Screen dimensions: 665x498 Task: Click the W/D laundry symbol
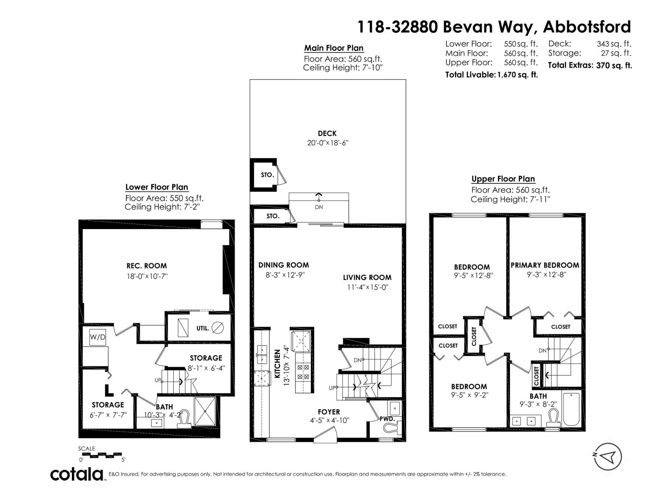[98, 337]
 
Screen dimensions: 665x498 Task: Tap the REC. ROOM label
[147, 266]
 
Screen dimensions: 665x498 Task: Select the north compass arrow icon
[607, 456]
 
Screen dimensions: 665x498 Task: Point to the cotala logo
[77, 474]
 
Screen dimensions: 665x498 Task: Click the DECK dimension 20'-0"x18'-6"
[328, 143]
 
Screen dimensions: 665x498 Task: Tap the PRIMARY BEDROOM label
[545, 265]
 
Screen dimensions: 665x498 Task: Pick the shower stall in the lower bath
[205, 411]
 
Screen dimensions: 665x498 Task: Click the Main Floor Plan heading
[334, 48]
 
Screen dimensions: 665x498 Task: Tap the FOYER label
[329, 412]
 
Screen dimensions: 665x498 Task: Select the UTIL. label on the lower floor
[203, 328]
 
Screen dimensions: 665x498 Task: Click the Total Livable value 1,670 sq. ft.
[517, 75]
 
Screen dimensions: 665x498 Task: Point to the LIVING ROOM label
[367, 277]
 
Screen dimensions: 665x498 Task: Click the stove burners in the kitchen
[303, 372]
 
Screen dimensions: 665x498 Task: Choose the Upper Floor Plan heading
[503, 179]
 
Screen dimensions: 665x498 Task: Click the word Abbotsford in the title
[587, 27]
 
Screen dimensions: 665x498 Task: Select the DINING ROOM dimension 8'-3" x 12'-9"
[285, 275]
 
